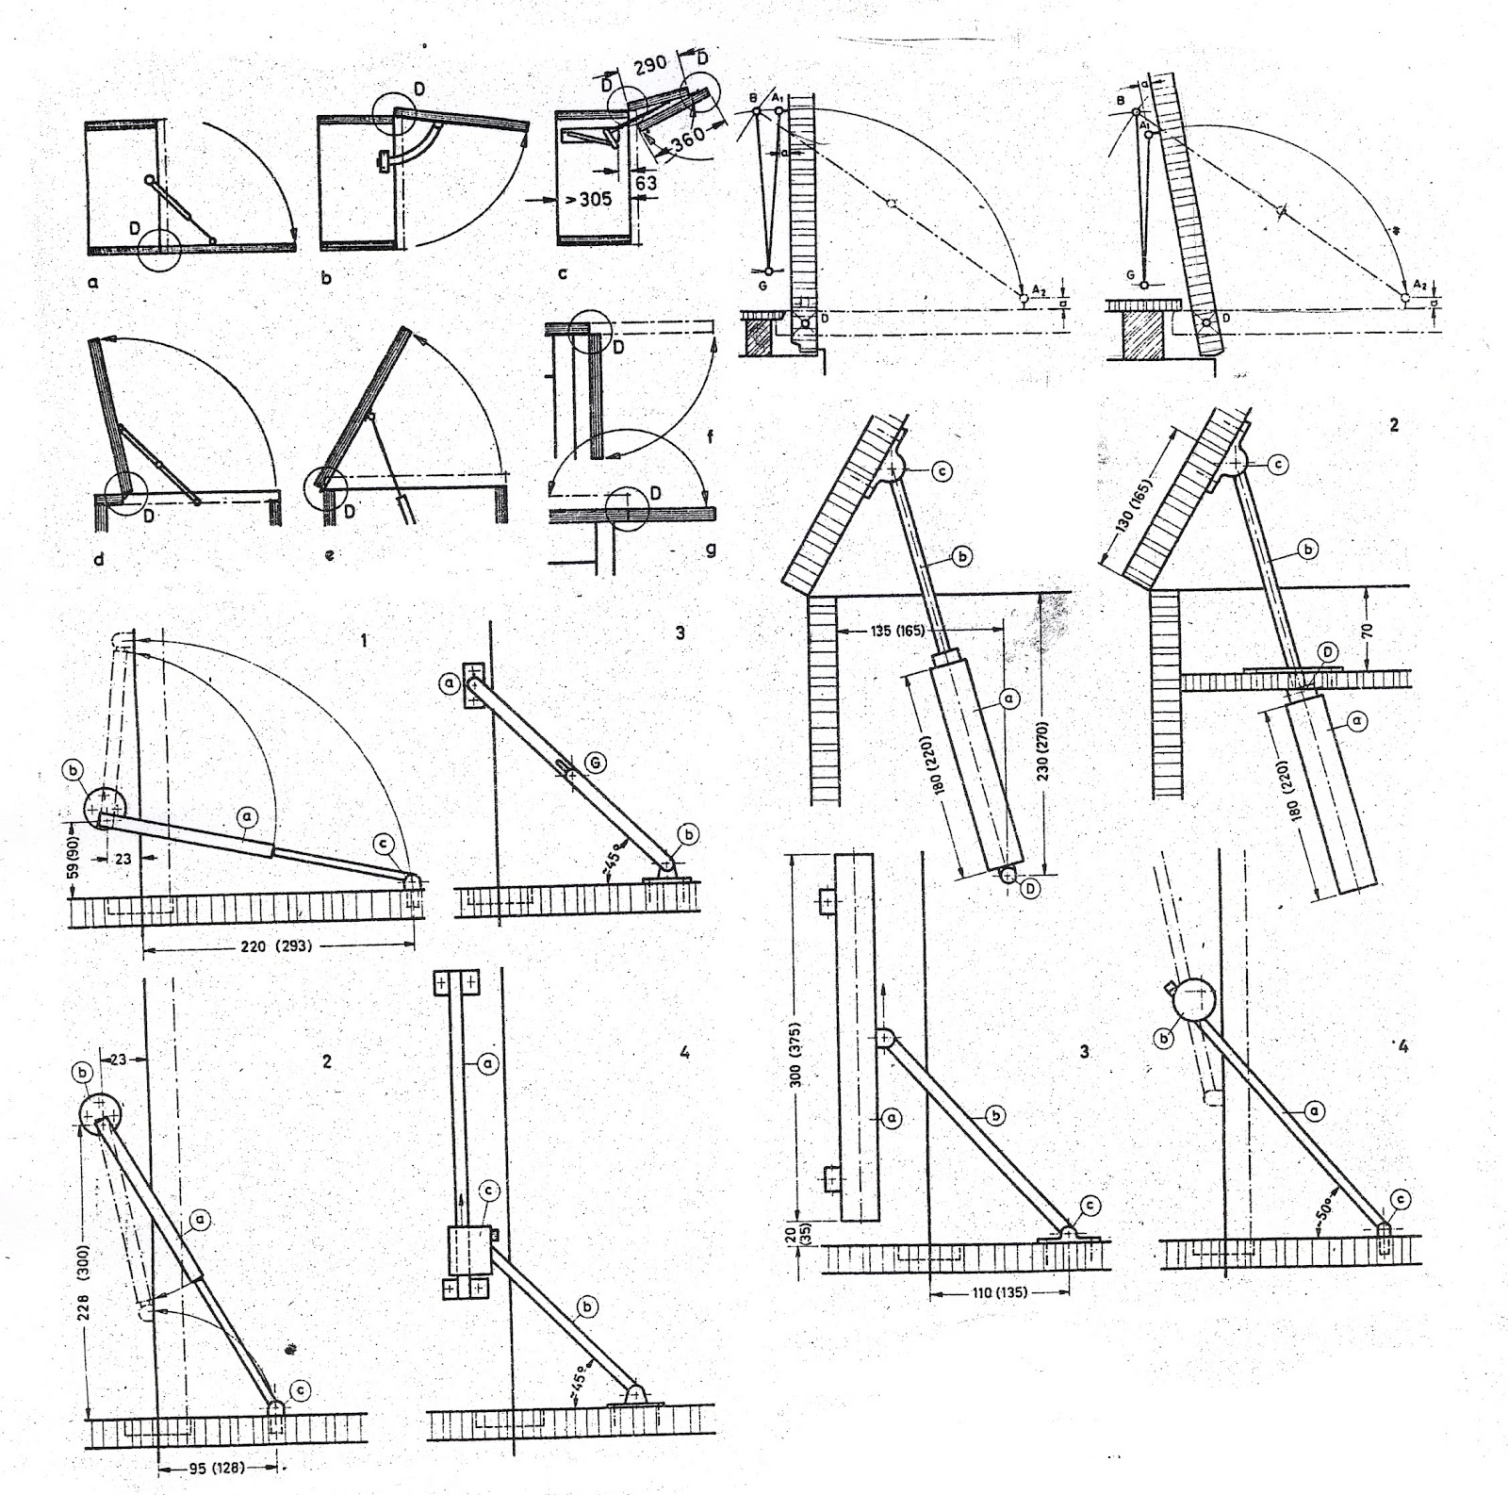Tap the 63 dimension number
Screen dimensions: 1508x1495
[645, 182]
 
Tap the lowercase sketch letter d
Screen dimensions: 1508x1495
[99, 559]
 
